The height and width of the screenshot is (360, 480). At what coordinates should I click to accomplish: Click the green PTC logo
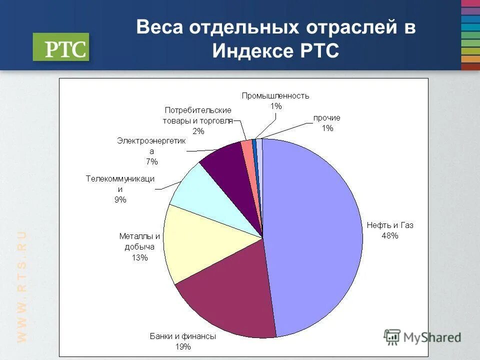point(61,47)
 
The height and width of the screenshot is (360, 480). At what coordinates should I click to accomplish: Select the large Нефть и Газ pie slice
point(315,235)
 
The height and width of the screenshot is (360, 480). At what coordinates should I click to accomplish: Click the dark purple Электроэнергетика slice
point(230,165)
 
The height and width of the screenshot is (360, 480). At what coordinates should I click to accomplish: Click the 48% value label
point(389,235)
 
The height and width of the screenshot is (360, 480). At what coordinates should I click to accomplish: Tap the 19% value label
point(183,346)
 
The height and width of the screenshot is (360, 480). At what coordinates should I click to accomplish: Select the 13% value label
point(140,258)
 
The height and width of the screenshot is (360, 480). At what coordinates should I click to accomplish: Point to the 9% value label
point(120,199)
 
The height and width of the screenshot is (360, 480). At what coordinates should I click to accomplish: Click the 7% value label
point(151,161)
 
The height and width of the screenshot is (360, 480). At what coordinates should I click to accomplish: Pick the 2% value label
point(198,131)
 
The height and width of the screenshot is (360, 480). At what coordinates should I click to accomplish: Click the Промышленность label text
point(275,95)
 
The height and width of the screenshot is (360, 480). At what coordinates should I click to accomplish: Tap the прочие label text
point(327,117)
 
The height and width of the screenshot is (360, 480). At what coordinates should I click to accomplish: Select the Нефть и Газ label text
point(390,225)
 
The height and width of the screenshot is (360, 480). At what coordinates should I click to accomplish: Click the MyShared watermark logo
point(422,337)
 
